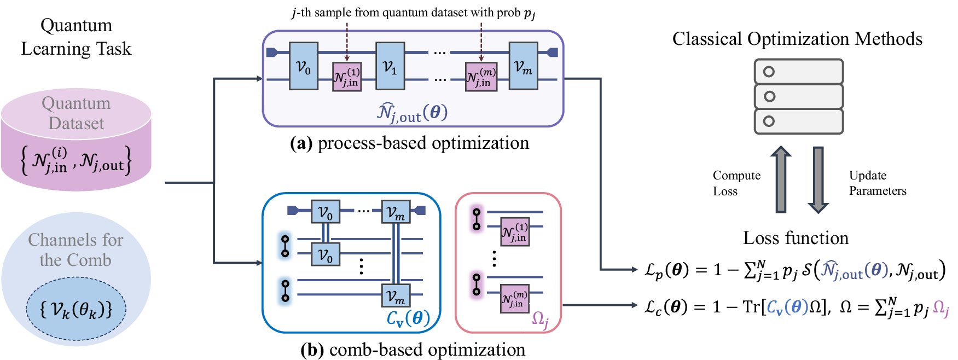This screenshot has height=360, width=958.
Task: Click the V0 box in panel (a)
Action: pyautogui.click(x=304, y=66)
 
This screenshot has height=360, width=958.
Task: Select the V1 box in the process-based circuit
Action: pyautogui.click(x=390, y=66)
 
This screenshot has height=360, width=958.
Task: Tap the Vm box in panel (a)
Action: pyautogui.click(x=523, y=66)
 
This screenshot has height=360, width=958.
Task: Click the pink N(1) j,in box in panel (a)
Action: pyautogui.click(x=347, y=77)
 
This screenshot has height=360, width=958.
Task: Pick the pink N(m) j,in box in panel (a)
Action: pyautogui.click(x=481, y=77)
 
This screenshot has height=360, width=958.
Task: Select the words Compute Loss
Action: pyautogui.click(x=736, y=183)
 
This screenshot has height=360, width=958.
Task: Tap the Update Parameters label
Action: pyautogui.click(x=877, y=183)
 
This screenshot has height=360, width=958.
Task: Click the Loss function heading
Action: pyautogui.click(x=796, y=238)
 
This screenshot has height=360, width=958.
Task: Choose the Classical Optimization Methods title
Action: pyautogui.click(x=797, y=39)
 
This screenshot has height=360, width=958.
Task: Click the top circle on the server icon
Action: pyautogui.click(x=769, y=72)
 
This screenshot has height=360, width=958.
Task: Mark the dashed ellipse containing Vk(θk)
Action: pyautogui.click(x=76, y=309)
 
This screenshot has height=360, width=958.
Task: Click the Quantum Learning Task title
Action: pyautogui.click(x=76, y=37)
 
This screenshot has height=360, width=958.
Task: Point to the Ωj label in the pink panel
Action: pyautogui.click(x=541, y=318)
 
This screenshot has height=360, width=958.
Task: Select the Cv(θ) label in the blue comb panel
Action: pyautogui.click(x=408, y=318)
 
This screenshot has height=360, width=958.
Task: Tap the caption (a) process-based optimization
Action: pyautogui.click(x=409, y=143)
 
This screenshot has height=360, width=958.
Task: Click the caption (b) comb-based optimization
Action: pyautogui.click(x=413, y=350)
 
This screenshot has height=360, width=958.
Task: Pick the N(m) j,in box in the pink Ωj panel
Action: pyautogui.click(x=515, y=299)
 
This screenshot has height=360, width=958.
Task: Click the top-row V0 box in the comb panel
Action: pyautogui.click(x=326, y=211)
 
